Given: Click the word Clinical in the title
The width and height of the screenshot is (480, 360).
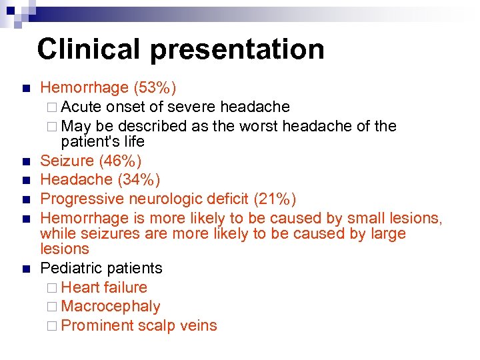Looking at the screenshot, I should click(x=89, y=49).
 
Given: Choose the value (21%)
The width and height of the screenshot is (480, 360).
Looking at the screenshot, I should click(x=273, y=199).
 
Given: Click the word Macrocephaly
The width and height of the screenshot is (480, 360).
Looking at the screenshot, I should click(x=110, y=307).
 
